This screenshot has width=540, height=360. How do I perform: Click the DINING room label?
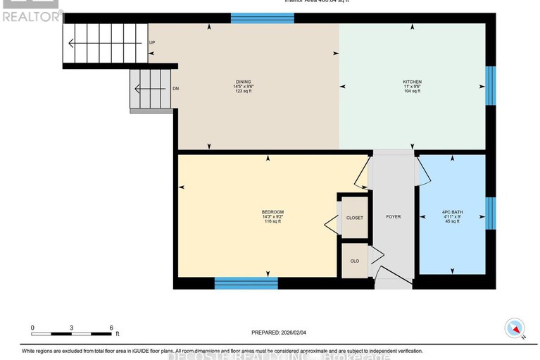click(244, 82)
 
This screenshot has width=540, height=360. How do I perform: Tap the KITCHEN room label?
click(412, 82)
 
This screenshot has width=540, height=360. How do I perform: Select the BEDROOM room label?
click(272, 211)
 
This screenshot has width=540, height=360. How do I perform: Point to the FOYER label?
click(393, 216)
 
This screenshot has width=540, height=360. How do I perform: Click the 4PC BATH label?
click(451, 211)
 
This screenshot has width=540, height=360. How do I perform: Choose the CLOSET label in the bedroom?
click(355, 218)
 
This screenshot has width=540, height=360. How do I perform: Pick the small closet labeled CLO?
click(355, 261)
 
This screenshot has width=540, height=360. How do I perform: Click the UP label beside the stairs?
click(152, 43)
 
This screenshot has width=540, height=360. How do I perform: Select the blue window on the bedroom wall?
click(246, 283)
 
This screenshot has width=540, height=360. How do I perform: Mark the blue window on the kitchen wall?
click(491, 86)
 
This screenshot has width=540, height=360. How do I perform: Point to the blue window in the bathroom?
click(491, 214)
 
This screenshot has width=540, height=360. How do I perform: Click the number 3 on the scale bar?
click(72, 328)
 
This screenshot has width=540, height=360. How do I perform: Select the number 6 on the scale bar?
click(111, 328)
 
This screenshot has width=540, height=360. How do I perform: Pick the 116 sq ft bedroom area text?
click(272, 221)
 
